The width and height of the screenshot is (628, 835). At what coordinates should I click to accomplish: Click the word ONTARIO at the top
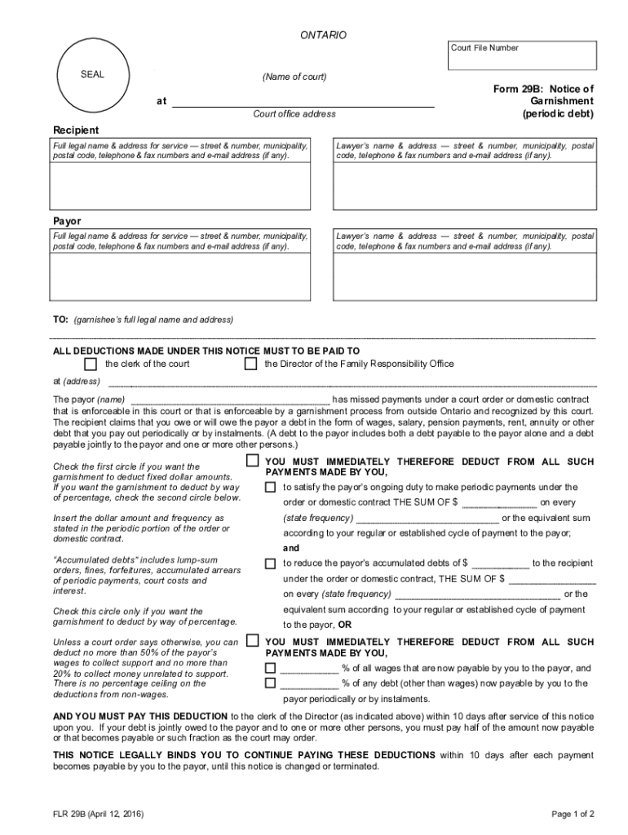(323, 35)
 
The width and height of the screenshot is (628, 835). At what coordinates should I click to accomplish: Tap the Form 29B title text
(549, 101)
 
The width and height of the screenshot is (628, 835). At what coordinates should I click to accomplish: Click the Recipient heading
(76, 130)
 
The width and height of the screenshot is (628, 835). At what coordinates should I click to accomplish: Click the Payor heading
(67, 221)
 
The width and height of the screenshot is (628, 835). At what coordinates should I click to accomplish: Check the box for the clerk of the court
(91, 364)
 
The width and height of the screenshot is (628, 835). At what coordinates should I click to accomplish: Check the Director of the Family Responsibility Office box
(251, 364)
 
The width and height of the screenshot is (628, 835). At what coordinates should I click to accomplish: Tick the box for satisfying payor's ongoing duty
(270, 487)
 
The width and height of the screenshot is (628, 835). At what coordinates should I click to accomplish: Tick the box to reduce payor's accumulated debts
(270, 563)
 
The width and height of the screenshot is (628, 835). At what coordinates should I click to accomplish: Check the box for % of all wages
(270, 668)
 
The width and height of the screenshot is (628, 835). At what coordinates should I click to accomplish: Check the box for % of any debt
(270, 683)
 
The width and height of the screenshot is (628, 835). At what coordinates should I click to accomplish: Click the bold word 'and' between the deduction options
(291, 548)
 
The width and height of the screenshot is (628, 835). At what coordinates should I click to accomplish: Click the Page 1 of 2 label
(573, 814)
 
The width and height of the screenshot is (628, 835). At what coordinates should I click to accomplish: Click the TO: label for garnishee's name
(60, 320)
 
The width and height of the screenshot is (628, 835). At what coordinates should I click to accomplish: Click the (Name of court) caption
(294, 77)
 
